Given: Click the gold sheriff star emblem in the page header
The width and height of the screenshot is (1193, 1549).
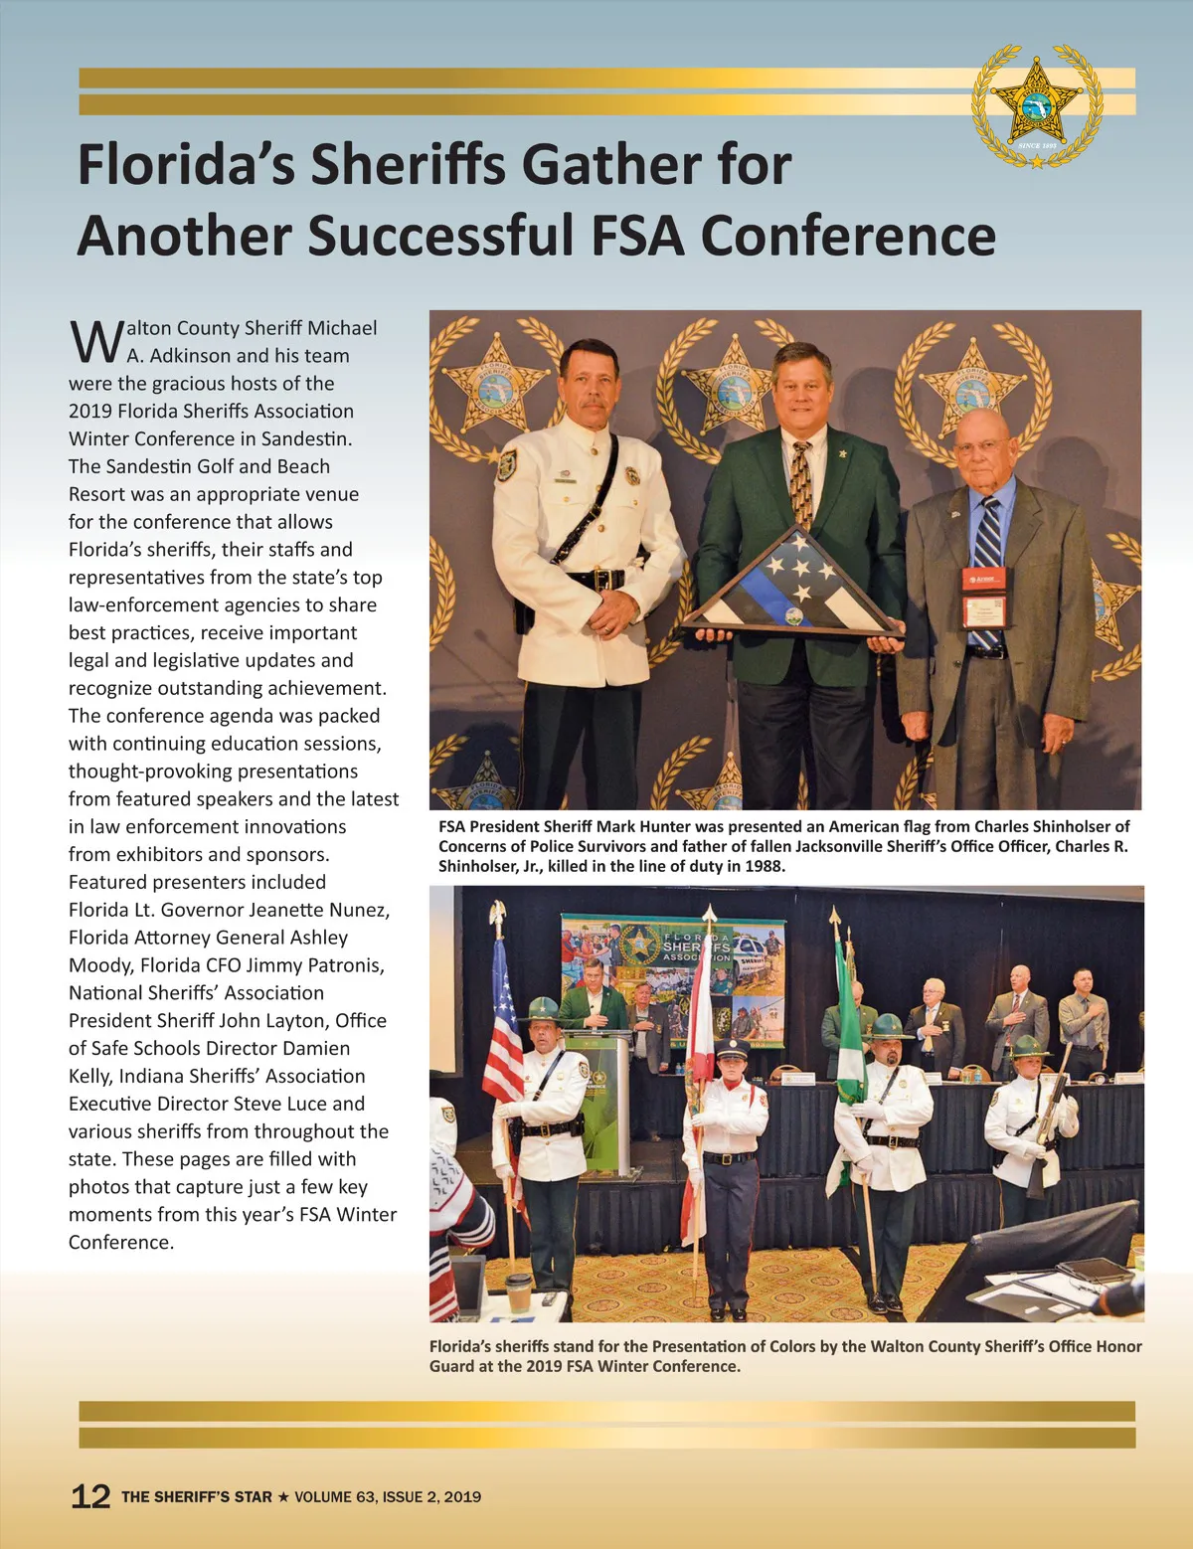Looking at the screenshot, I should (1037, 105).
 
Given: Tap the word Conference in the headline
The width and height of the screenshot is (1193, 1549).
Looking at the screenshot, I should (848, 237).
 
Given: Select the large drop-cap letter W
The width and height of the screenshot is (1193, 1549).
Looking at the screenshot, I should (96, 342).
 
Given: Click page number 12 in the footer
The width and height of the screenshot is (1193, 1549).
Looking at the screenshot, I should (90, 1496).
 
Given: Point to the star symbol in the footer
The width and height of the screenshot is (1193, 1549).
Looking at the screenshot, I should (283, 1496).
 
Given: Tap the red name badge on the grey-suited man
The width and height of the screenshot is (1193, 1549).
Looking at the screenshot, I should (983, 578).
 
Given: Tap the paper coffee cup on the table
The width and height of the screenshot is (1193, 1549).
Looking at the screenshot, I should (519, 1292).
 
